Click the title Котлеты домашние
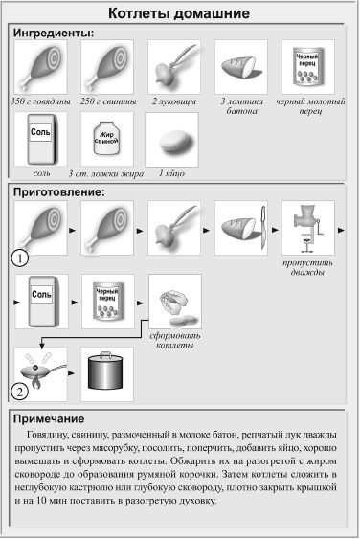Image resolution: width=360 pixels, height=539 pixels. tap(179, 14)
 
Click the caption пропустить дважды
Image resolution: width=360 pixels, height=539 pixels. tap(307, 265)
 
